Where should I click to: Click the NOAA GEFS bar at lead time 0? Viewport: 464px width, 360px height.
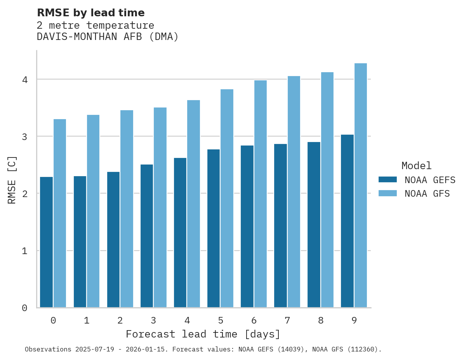point(46,242)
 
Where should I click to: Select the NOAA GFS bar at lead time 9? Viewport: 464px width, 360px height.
point(361,185)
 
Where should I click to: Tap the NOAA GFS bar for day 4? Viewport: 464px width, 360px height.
point(193,204)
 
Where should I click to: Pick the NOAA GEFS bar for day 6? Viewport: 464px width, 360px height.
point(247,227)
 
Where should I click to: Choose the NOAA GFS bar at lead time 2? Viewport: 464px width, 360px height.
point(127,209)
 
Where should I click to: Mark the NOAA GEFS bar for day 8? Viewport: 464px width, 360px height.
point(314,225)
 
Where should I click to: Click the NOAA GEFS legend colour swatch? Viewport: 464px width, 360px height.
point(388,180)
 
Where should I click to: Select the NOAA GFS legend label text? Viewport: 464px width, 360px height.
point(427,194)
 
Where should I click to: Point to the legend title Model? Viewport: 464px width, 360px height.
point(416,166)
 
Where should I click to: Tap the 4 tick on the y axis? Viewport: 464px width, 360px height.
point(24,80)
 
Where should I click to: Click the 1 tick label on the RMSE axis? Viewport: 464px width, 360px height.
point(24,251)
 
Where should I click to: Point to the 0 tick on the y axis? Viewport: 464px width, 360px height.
point(24,308)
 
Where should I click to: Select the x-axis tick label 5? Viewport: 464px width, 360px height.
point(221,321)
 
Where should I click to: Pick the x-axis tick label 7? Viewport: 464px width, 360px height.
point(287,321)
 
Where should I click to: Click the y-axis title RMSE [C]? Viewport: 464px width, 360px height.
point(12,180)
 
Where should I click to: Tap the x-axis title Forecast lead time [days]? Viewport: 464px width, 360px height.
point(203,334)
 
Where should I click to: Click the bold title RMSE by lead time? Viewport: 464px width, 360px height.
point(90,13)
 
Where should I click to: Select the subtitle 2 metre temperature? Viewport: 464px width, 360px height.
point(95,26)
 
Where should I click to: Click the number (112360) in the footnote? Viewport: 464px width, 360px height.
point(363,350)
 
